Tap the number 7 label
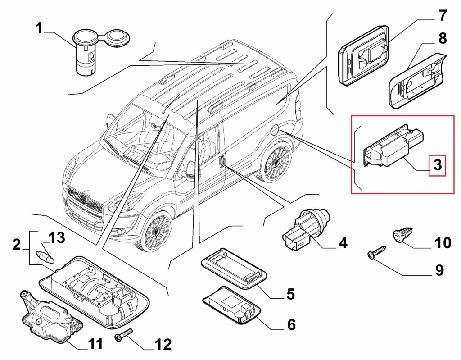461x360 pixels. tap(443, 16)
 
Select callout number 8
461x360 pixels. tap(442, 38)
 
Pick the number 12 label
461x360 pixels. tap(163, 345)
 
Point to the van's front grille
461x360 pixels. tap(85, 203)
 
